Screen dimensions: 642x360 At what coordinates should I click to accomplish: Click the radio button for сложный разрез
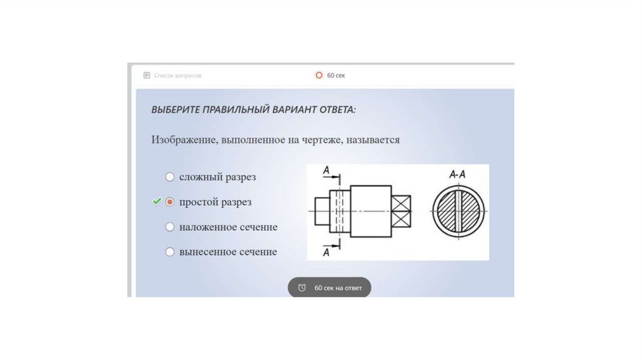pyautogui.click(x=169, y=177)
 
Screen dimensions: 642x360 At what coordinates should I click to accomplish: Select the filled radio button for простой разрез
pyautogui.click(x=169, y=202)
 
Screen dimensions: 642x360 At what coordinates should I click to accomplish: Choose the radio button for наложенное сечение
pyautogui.click(x=169, y=227)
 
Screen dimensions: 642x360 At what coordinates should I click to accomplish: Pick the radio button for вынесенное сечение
pyautogui.click(x=169, y=252)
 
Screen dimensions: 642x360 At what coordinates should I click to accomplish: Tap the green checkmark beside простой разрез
pyautogui.click(x=156, y=201)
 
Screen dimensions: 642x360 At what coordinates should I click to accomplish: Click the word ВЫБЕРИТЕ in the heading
pyautogui.click(x=176, y=110)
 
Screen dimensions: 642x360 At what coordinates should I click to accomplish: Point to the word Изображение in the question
pyautogui.click(x=184, y=140)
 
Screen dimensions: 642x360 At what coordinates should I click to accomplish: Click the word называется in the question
pyautogui.click(x=372, y=140)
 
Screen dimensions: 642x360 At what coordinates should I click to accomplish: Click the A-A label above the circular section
pyautogui.click(x=457, y=174)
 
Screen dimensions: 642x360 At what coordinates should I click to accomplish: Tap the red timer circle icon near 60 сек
pyautogui.click(x=319, y=75)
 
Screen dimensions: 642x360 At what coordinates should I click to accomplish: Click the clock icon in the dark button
pyautogui.click(x=302, y=288)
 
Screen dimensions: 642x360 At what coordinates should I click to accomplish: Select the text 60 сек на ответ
pyautogui.click(x=338, y=288)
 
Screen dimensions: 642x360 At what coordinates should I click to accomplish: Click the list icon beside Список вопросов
pyautogui.click(x=147, y=75)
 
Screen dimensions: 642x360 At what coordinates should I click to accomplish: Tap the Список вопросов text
pyautogui.click(x=177, y=76)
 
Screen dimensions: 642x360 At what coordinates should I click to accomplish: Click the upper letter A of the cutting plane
pyautogui.click(x=326, y=170)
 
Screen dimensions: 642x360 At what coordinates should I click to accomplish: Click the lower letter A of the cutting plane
pyautogui.click(x=326, y=253)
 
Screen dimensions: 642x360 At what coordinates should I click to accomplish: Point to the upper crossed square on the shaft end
pyautogui.click(x=401, y=203)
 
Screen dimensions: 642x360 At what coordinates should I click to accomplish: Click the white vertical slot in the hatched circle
pyautogui.click(x=458, y=211)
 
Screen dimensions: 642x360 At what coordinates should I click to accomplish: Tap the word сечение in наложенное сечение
pyautogui.click(x=258, y=227)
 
